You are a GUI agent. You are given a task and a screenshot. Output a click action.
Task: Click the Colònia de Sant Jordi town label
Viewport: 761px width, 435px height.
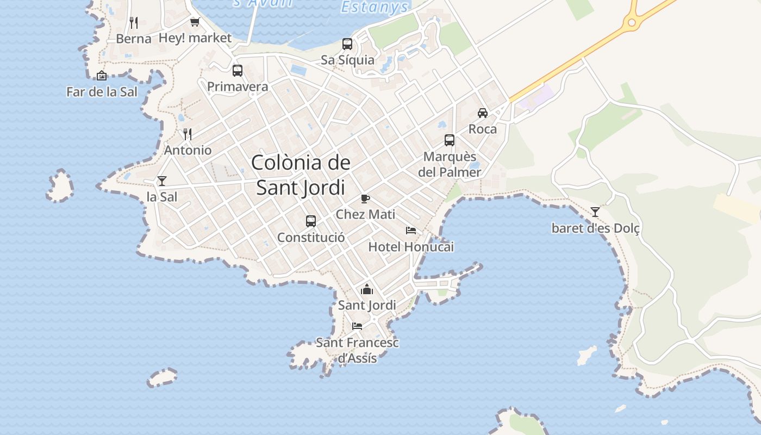(301, 175)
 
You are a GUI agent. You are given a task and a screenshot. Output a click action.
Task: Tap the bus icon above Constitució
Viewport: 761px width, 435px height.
(311, 221)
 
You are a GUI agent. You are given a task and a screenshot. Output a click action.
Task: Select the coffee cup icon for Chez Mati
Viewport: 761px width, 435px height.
(365, 198)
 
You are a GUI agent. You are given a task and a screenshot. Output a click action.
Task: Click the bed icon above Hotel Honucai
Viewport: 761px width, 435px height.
(411, 231)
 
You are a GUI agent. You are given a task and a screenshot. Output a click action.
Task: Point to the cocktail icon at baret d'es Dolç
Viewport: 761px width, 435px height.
(595, 212)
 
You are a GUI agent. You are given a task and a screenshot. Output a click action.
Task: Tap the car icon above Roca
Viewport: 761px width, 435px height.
(483, 113)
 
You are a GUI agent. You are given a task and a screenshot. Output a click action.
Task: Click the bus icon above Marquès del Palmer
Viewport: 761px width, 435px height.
(450, 140)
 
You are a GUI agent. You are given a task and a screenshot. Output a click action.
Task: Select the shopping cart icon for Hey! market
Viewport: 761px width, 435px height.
(195, 22)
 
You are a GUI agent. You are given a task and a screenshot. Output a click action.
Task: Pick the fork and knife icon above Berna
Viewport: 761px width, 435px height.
(134, 23)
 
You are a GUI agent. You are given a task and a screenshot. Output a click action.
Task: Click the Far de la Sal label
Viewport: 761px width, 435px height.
(102, 92)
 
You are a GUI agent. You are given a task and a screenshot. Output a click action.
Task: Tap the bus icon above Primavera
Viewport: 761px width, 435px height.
(238, 70)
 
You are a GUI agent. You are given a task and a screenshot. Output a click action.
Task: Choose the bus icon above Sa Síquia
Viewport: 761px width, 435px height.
(347, 44)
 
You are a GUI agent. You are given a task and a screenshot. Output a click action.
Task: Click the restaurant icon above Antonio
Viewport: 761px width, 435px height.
(188, 134)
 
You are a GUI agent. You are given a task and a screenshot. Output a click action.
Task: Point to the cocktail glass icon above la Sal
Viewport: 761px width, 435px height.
(162, 181)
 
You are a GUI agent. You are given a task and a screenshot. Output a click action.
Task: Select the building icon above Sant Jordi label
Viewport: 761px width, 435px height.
(367, 289)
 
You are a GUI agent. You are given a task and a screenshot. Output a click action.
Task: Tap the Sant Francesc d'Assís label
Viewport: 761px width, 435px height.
(357, 350)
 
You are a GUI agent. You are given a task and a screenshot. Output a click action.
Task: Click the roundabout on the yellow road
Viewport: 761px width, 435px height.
(631, 22)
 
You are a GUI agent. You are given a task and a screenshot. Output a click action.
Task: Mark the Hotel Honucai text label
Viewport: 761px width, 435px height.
(411, 247)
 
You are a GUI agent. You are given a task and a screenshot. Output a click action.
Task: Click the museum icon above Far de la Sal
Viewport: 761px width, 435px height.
(102, 76)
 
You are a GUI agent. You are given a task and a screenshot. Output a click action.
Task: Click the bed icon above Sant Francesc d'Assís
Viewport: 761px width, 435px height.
(357, 326)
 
